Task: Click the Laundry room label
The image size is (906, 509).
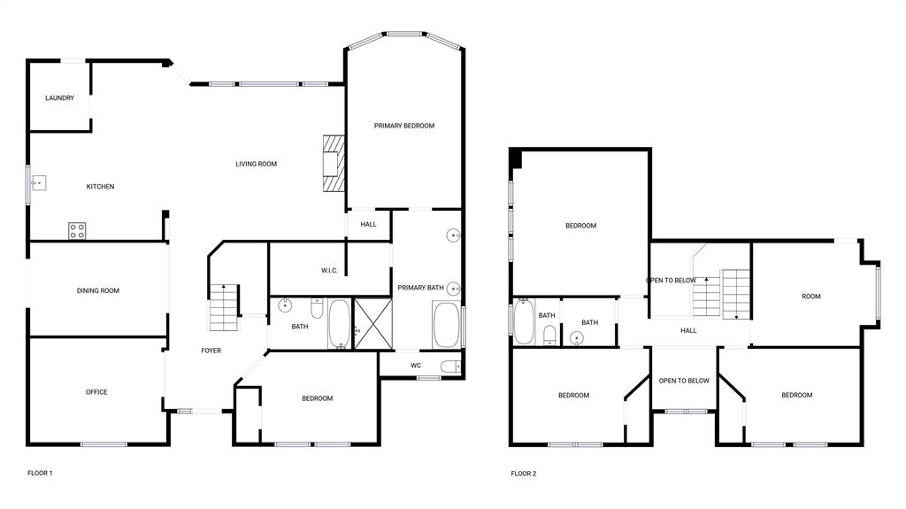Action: tap(59, 98)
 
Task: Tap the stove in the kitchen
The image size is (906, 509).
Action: tap(77, 231)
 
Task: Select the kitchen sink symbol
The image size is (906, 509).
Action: tap(39, 183)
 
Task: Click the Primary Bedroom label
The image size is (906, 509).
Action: tap(403, 126)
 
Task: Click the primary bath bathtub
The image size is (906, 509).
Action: tap(446, 325)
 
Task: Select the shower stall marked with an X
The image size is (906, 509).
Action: tap(365, 324)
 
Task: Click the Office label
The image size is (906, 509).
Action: tap(96, 392)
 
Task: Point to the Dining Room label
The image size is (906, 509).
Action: tap(97, 290)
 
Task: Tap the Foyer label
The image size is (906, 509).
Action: tap(211, 351)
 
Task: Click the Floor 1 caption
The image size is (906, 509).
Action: tap(40, 474)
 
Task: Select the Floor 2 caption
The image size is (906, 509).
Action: tap(523, 474)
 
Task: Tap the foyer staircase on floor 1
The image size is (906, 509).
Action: tap(224, 307)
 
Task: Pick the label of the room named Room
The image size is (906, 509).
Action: tap(810, 297)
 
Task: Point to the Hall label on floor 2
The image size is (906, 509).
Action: tap(688, 331)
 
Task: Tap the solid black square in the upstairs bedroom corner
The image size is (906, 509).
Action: tap(517, 158)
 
